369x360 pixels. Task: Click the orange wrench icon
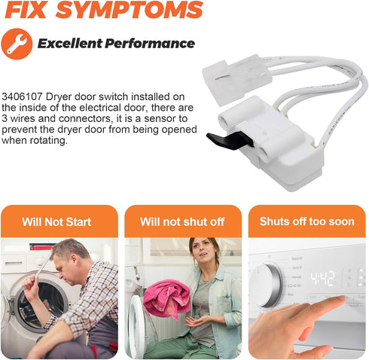click(17, 44)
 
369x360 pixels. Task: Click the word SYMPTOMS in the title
click(129, 10)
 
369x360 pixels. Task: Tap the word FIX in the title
click(26, 10)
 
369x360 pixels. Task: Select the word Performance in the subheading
click(150, 44)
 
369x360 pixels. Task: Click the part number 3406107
click(23, 96)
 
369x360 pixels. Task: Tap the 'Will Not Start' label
click(56, 222)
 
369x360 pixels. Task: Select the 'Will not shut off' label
click(182, 222)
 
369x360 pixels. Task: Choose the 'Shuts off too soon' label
click(307, 221)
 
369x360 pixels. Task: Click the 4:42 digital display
click(322, 279)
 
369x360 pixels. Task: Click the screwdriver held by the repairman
click(41, 267)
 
